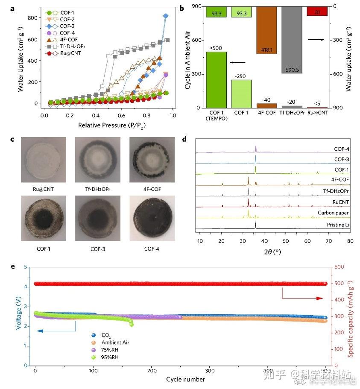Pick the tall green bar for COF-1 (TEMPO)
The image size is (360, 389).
[x=216, y=80]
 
